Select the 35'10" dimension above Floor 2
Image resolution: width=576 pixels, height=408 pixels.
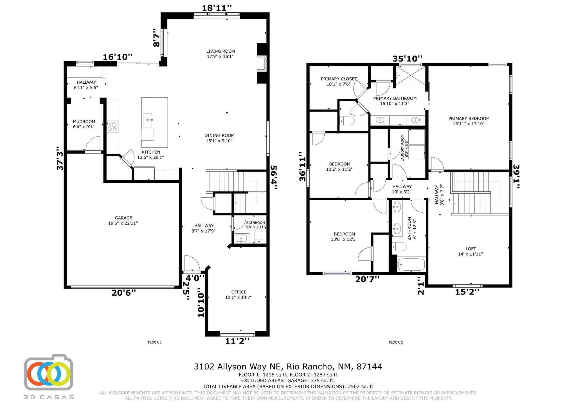pyautogui.click(x=408, y=59)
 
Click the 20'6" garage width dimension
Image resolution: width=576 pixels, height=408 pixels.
pyautogui.click(x=124, y=293)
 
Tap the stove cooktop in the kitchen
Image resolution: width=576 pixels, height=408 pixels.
pyautogui.click(x=112, y=126)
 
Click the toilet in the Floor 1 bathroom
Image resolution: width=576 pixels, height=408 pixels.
pyautogui.click(x=258, y=236)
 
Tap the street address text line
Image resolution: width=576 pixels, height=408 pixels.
pyautogui.click(x=288, y=367)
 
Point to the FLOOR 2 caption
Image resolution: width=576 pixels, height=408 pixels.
pyautogui.click(x=396, y=342)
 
